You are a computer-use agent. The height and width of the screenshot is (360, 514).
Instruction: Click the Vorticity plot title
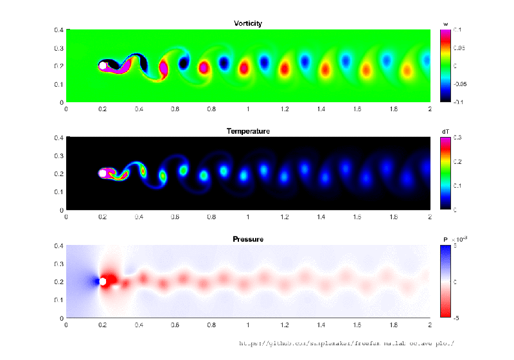[248, 24]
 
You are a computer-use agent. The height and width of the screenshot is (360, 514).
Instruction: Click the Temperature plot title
[248, 131]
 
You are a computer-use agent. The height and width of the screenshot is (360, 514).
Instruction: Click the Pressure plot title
[248, 239]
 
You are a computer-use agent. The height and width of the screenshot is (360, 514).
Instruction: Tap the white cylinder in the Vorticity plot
[103, 66]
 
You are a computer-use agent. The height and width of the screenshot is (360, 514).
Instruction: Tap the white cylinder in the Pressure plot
[103, 282]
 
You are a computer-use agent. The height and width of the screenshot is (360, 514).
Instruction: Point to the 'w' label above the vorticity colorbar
[445, 24]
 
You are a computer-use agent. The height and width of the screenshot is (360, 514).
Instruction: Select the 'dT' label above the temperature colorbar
[445, 131]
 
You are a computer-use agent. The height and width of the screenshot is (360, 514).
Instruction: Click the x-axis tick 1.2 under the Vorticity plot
[285, 109]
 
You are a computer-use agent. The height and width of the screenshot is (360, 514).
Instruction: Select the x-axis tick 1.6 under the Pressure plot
[357, 325]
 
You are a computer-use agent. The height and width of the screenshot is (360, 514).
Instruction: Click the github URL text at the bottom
[346, 343]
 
